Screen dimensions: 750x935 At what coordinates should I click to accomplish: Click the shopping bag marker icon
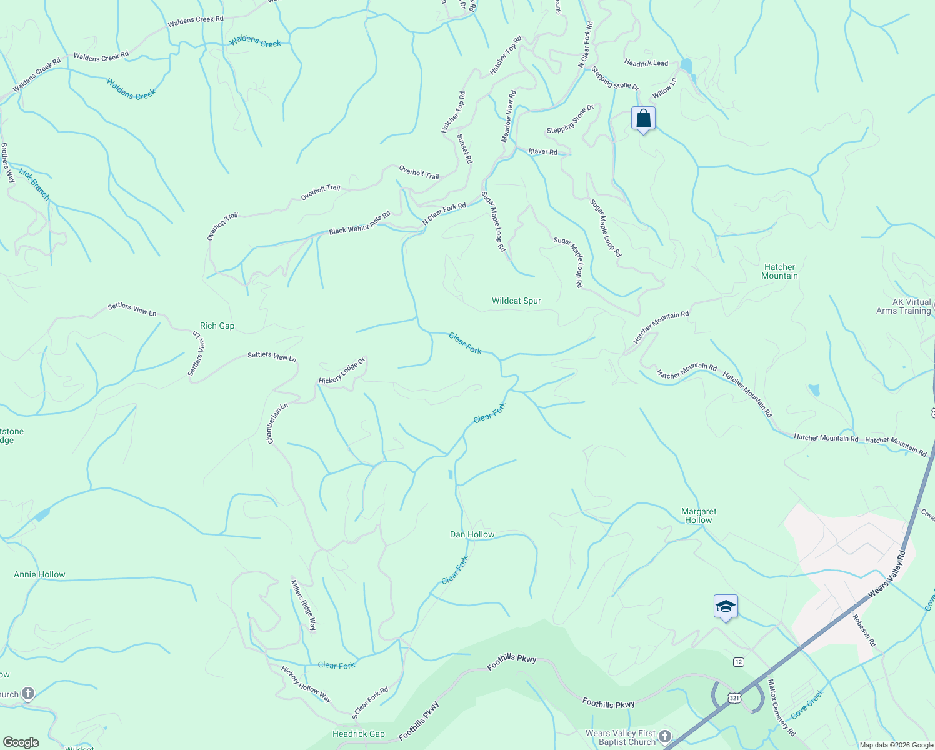(643, 119)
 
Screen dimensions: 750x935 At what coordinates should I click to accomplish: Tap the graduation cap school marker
(726, 607)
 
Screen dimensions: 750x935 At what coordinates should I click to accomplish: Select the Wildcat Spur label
(516, 301)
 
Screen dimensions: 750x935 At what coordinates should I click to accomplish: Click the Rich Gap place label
(217, 326)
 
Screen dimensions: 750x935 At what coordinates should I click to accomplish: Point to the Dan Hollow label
(472, 534)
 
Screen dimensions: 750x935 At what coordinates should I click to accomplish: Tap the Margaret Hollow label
(698, 516)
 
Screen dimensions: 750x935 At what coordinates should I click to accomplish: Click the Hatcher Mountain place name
(779, 271)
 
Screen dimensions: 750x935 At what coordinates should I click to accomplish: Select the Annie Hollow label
(39, 574)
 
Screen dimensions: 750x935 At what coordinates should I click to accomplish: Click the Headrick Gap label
(359, 734)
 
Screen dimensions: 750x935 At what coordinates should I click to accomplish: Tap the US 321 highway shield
(735, 697)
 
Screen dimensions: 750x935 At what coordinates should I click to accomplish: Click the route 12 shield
(739, 661)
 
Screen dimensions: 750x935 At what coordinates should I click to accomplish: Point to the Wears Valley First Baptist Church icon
(665, 736)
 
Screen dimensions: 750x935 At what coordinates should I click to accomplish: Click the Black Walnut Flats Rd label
(359, 223)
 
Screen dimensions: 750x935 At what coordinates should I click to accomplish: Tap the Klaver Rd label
(542, 152)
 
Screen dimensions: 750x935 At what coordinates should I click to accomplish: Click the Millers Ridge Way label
(304, 606)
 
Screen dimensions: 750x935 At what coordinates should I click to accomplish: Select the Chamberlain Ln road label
(277, 423)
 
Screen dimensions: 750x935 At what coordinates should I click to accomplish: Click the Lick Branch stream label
(34, 184)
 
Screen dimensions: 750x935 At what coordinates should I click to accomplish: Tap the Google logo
(21, 742)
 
